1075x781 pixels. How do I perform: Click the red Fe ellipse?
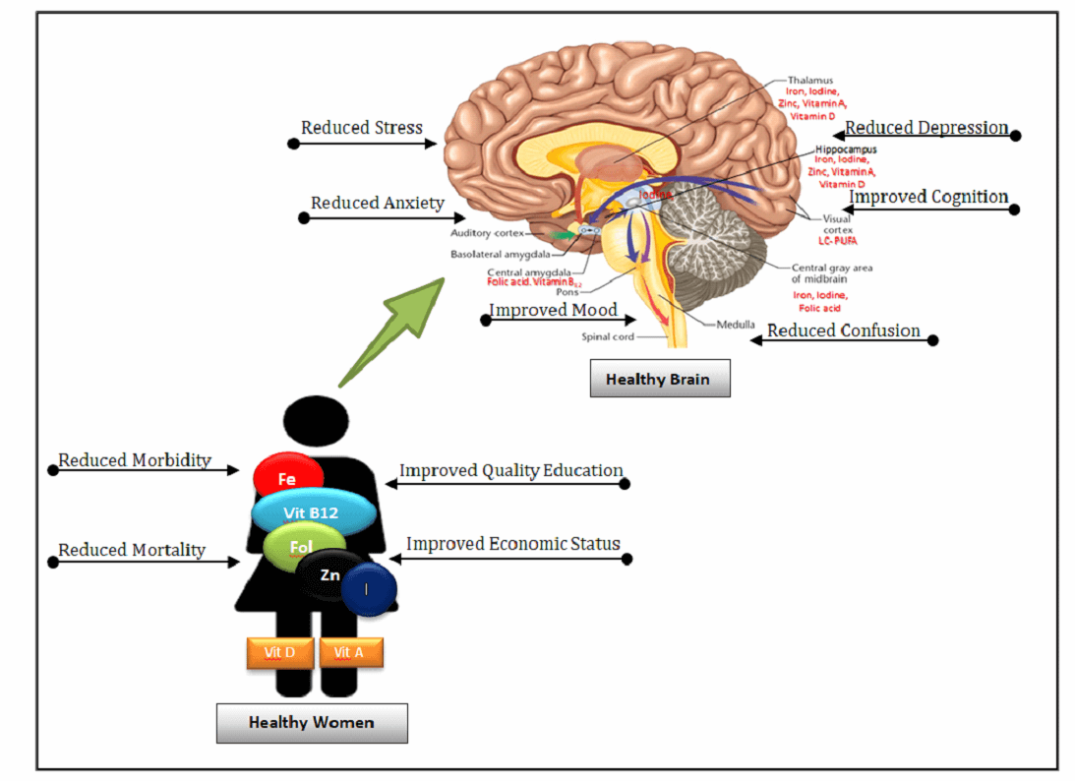click(288, 479)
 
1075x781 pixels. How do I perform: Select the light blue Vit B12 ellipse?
click(313, 513)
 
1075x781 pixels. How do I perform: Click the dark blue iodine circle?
click(369, 590)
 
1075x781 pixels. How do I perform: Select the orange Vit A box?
click(350, 652)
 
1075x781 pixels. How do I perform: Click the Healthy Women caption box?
click(311, 722)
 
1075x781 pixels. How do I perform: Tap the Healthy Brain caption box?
click(659, 379)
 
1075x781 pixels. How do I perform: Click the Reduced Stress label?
click(362, 128)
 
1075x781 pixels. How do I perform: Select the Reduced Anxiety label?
click(377, 204)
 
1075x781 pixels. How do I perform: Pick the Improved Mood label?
click(554, 311)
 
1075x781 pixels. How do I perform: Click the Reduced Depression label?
click(926, 128)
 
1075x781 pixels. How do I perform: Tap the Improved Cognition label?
click(928, 198)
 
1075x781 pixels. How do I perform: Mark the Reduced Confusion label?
click(843, 330)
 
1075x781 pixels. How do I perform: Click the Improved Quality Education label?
click(510, 470)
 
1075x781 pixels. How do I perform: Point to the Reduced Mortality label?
click(132, 550)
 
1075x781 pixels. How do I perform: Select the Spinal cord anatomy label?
click(606, 336)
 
